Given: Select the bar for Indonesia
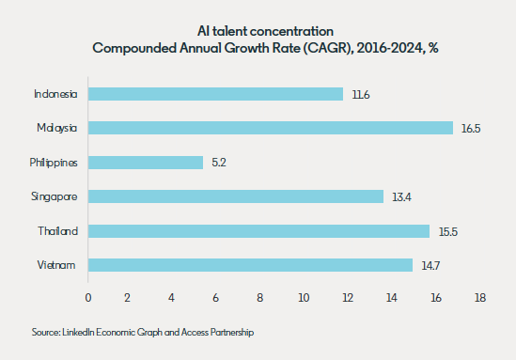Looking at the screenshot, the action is pos(215,94).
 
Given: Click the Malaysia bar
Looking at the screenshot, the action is pos(271,128).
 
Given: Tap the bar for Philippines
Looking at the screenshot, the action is pos(146,163).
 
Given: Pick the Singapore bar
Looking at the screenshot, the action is pos(236,196).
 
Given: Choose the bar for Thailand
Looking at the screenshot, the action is pos(258,231).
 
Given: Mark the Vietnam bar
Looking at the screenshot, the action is pos(250,265).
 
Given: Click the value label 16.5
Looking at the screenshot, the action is pos(471,129).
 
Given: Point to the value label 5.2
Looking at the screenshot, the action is pos(219,163).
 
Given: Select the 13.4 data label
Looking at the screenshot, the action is pos(401,197).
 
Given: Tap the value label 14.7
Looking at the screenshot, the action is pos(430,266).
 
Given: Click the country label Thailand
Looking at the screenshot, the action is pos(58,231).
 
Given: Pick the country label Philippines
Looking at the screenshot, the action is pos(54,163).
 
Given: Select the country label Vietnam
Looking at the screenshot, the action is pos(56,265).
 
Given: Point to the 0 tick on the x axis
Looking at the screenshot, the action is pos(88,298).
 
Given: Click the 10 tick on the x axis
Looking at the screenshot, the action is pos(304,298).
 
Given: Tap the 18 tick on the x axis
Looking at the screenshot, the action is pos(480,298).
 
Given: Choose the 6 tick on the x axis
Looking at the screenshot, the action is pos(215,298).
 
